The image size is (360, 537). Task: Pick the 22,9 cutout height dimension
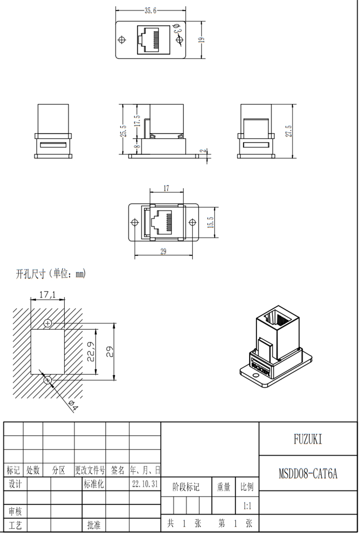pyautogui.click(x=90, y=352)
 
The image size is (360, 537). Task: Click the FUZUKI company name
pyautogui.click(x=308, y=439)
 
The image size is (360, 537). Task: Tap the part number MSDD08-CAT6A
pyautogui.click(x=308, y=473)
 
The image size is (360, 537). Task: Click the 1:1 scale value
pyautogui.click(x=247, y=506)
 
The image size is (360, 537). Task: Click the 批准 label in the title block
pyautogui.click(x=94, y=525)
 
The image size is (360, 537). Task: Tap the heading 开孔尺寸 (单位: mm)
pyautogui.click(x=50, y=273)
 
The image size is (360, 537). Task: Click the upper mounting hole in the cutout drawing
pyautogui.click(x=48, y=323)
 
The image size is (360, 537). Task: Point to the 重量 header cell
pyautogui.click(x=224, y=487)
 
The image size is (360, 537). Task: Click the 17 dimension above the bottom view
pyautogui.click(x=166, y=188)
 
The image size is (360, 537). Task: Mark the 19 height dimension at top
pyautogui.click(x=202, y=40)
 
